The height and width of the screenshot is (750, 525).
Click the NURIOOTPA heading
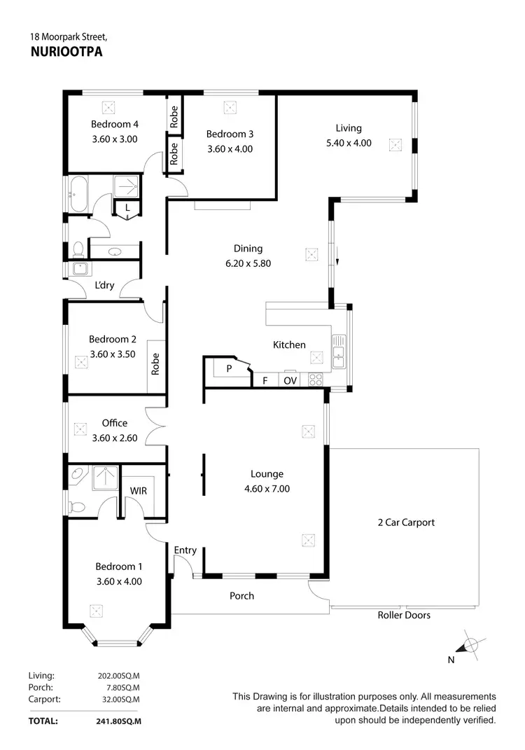tap(67, 50)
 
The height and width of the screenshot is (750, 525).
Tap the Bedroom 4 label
tap(115, 125)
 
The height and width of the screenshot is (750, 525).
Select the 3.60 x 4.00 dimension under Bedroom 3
tap(230, 148)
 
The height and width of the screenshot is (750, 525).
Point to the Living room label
tap(349, 128)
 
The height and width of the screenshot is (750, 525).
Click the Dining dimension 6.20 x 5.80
tap(248, 264)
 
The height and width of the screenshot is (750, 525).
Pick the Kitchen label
tap(289, 345)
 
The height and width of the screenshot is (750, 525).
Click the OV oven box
tap(290, 381)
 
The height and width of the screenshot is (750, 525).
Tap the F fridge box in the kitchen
tap(265, 381)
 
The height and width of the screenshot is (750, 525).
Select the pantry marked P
tap(228, 369)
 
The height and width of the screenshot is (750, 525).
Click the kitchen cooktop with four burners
tap(316, 380)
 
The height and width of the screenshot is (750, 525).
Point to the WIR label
tap(139, 491)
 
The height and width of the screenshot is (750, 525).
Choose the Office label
tap(115, 423)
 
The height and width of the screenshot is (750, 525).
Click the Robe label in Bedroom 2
tap(155, 364)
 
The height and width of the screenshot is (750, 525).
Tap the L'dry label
tap(104, 286)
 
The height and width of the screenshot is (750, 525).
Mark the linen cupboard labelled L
tap(127, 208)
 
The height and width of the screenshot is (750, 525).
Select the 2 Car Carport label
tap(405, 522)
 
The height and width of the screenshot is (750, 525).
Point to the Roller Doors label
tap(404, 615)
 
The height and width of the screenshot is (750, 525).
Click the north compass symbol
tap(471, 644)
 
